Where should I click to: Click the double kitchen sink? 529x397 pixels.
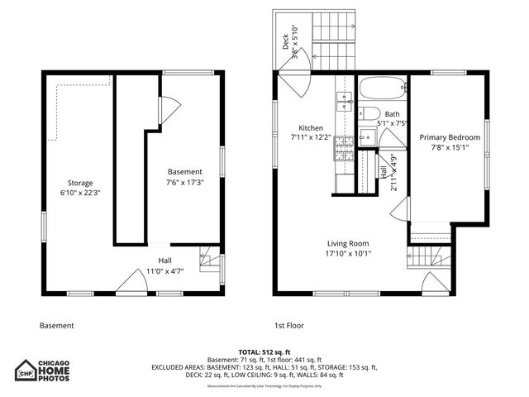click(x=343, y=103)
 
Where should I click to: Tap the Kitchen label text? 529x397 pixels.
click(x=311, y=128)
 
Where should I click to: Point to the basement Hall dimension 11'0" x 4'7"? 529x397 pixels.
click(x=165, y=270)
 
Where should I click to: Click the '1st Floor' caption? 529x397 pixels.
click(x=288, y=325)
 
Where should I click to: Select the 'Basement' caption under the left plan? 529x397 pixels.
click(x=56, y=325)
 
